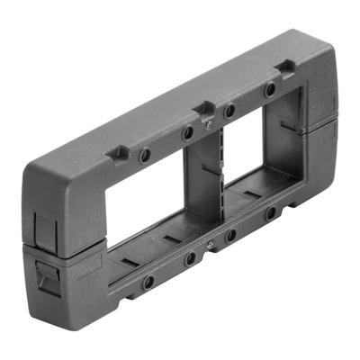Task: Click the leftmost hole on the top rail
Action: pyautogui.click(x=145, y=155)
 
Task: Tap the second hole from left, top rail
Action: pyautogui.click(x=188, y=132)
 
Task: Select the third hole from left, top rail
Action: pyautogui.click(x=229, y=111)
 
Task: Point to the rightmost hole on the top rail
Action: pyautogui.click(x=269, y=91)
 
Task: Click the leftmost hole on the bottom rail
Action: pyautogui.click(x=148, y=282)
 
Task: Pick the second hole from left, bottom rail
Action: pyautogui.click(x=190, y=260)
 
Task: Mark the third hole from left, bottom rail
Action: pyautogui.click(x=231, y=236)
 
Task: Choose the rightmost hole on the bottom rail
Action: pyautogui.click(x=270, y=214)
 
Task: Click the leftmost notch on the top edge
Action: pyautogui.click(x=118, y=154)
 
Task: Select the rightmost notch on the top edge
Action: pyautogui.click(x=285, y=66)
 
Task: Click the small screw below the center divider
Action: pyautogui.click(x=210, y=243)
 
